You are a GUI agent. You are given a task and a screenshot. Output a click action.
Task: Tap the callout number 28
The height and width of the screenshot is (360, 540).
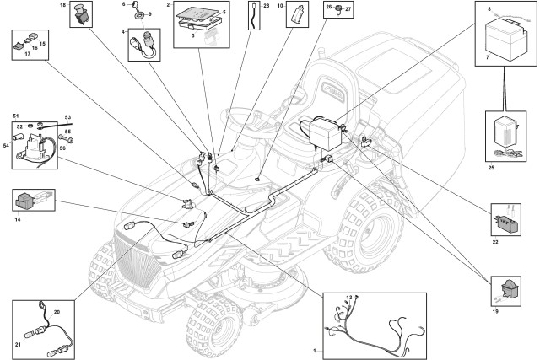pyautogui.click(x=267, y=5)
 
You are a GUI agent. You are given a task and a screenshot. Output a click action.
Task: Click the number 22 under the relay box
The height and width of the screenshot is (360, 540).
pyautogui.click(x=495, y=242)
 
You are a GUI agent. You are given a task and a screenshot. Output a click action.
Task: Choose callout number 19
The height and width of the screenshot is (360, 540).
pyautogui.click(x=495, y=311)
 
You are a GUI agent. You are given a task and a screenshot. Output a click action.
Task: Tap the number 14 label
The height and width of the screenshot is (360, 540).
pyautogui.click(x=17, y=218)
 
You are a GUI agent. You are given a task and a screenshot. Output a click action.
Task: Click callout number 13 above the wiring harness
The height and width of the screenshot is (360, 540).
pyautogui.click(x=348, y=298)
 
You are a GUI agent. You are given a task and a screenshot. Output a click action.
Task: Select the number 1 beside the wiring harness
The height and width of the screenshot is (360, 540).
pyautogui.click(x=315, y=349)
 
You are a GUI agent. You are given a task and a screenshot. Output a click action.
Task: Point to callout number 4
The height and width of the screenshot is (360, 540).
pyautogui.click(x=124, y=32)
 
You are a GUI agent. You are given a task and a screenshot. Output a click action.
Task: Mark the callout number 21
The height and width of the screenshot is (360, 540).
pyautogui.click(x=19, y=345)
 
